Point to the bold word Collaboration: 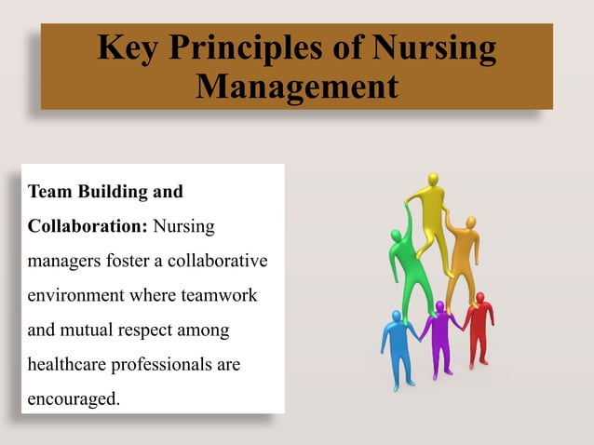pyautogui.click(x=88, y=226)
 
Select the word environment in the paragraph pyautogui.click(x=74, y=295)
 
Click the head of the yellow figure pyautogui.click(x=432, y=179)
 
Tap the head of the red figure pyautogui.click(x=479, y=298)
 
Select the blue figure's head pyautogui.click(x=398, y=317)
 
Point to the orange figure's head pyautogui.click(x=470, y=222)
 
